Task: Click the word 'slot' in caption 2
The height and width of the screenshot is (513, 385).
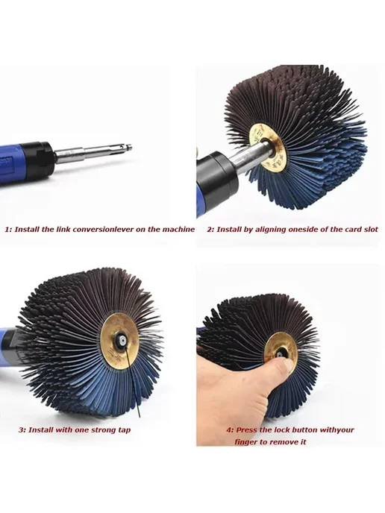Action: (371, 230)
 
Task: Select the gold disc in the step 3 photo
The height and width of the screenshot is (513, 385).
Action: (119, 337)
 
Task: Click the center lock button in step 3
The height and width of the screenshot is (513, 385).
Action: (122, 341)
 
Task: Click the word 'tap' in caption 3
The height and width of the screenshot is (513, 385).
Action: (123, 430)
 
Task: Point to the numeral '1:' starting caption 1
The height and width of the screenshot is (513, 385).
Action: (8, 230)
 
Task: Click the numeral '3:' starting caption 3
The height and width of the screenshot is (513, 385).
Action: (22, 430)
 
